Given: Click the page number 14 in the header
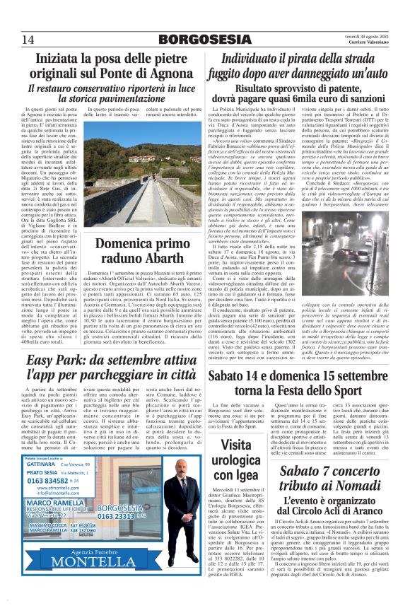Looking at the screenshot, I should click(x=28, y=40).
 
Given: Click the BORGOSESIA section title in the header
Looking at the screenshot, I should click(x=204, y=40).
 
